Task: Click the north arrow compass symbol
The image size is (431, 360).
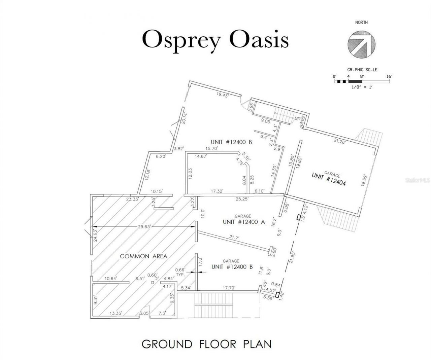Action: click(362, 43)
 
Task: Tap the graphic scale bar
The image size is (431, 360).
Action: click(362, 81)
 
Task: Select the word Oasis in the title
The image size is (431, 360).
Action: click(259, 40)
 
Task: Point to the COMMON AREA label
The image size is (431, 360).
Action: click(143, 256)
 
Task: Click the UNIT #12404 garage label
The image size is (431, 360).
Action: click(329, 180)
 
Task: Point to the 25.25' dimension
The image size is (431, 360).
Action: click(242, 199)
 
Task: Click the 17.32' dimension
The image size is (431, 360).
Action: click(218, 191)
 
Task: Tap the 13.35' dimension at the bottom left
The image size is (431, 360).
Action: click(115, 313)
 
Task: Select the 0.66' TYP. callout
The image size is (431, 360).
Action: click(180, 272)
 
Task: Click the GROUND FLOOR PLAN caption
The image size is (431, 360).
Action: click(206, 344)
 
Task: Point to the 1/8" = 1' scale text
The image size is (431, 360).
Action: click(361, 87)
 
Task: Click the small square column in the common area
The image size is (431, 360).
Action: click(152, 283)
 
